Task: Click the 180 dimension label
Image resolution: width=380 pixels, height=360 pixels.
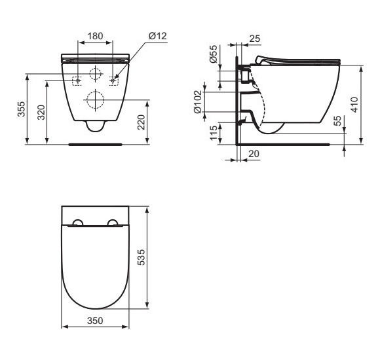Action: click(x=95, y=36)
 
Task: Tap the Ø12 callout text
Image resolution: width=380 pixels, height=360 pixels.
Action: click(x=158, y=36)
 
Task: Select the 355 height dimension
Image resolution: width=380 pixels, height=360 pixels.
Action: click(x=22, y=109)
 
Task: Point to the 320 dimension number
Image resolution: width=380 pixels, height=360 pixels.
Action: click(x=41, y=113)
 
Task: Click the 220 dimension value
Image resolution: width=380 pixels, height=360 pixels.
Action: click(x=141, y=122)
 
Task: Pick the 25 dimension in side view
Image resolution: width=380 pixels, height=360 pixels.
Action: click(x=254, y=39)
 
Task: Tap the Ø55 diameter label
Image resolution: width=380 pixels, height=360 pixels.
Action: click(x=214, y=54)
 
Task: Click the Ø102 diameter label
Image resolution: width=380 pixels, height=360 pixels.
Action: click(x=198, y=101)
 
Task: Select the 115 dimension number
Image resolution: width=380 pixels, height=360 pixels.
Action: click(x=214, y=133)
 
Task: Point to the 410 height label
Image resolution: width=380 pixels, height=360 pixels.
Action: click(x=354, y=105)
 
